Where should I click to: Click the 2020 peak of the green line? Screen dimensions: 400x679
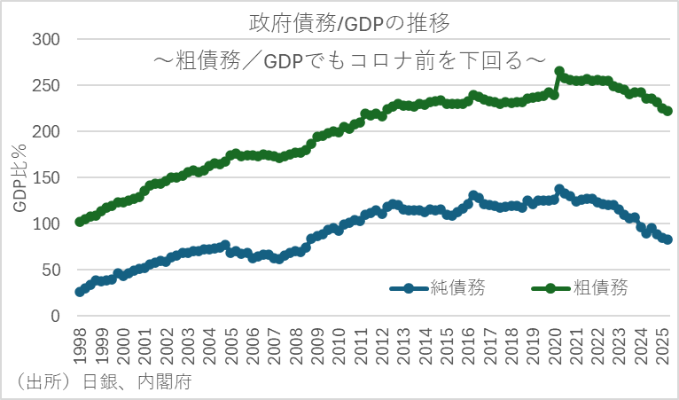coord(559,71)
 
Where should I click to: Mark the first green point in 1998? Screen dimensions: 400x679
coord(80,222)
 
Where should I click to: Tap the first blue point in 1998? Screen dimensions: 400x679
coord(80,291)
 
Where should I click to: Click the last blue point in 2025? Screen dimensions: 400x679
coord(668,239)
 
